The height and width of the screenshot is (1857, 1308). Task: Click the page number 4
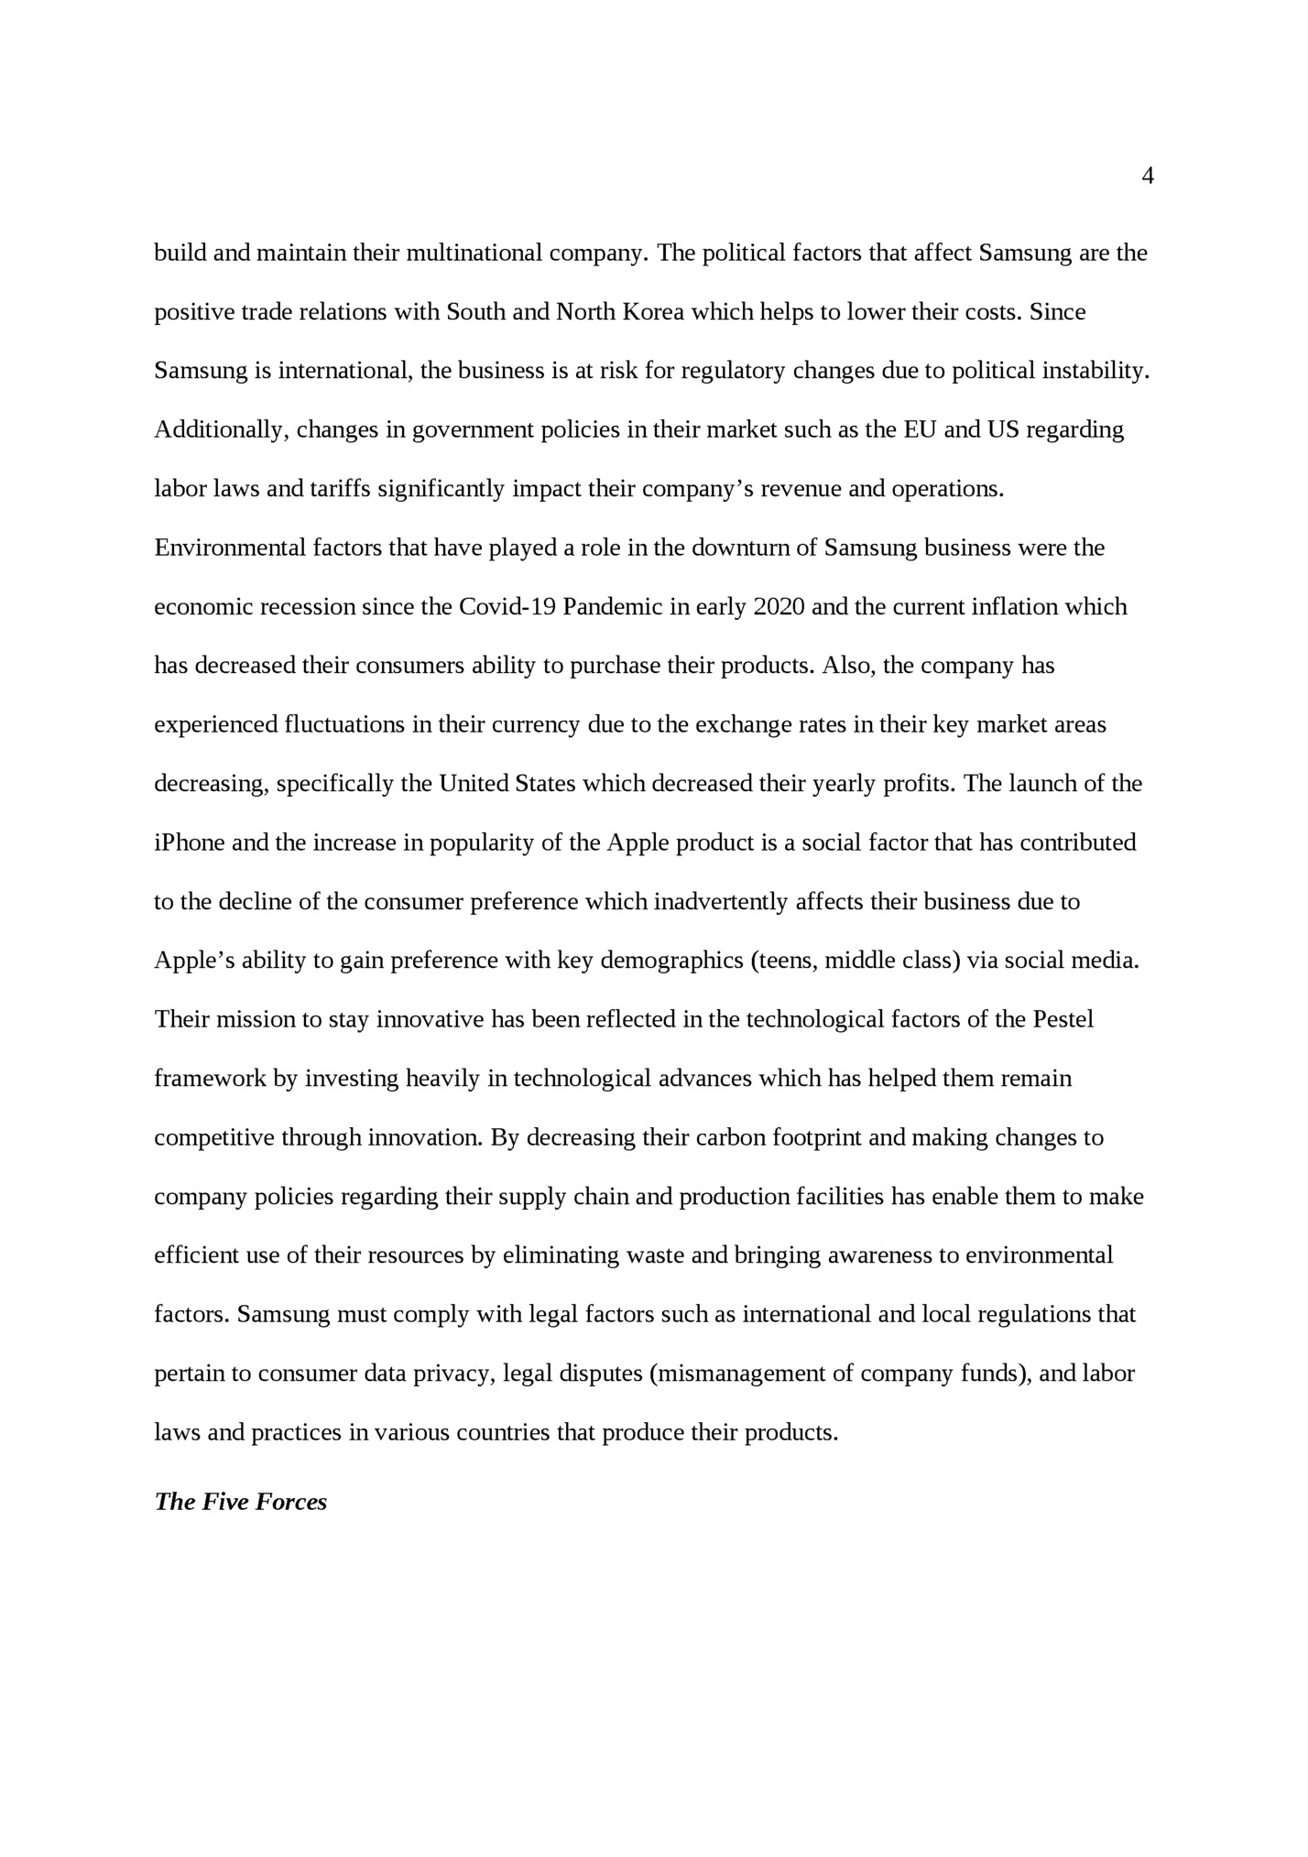pyautogui.click(x=1148, y=177)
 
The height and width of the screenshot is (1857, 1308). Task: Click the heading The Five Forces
pyautogui.click(x=240, y=1502)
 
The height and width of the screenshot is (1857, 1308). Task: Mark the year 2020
pyautogui.click(x=779, y=607)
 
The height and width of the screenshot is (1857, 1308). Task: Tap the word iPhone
pyautogui.click(x=189, y=842)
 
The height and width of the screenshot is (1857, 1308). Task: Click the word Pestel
pyautogui.click(x=1063, y=1019)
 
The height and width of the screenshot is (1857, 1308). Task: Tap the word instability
pyautogui.click(x=1099, y=371)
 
